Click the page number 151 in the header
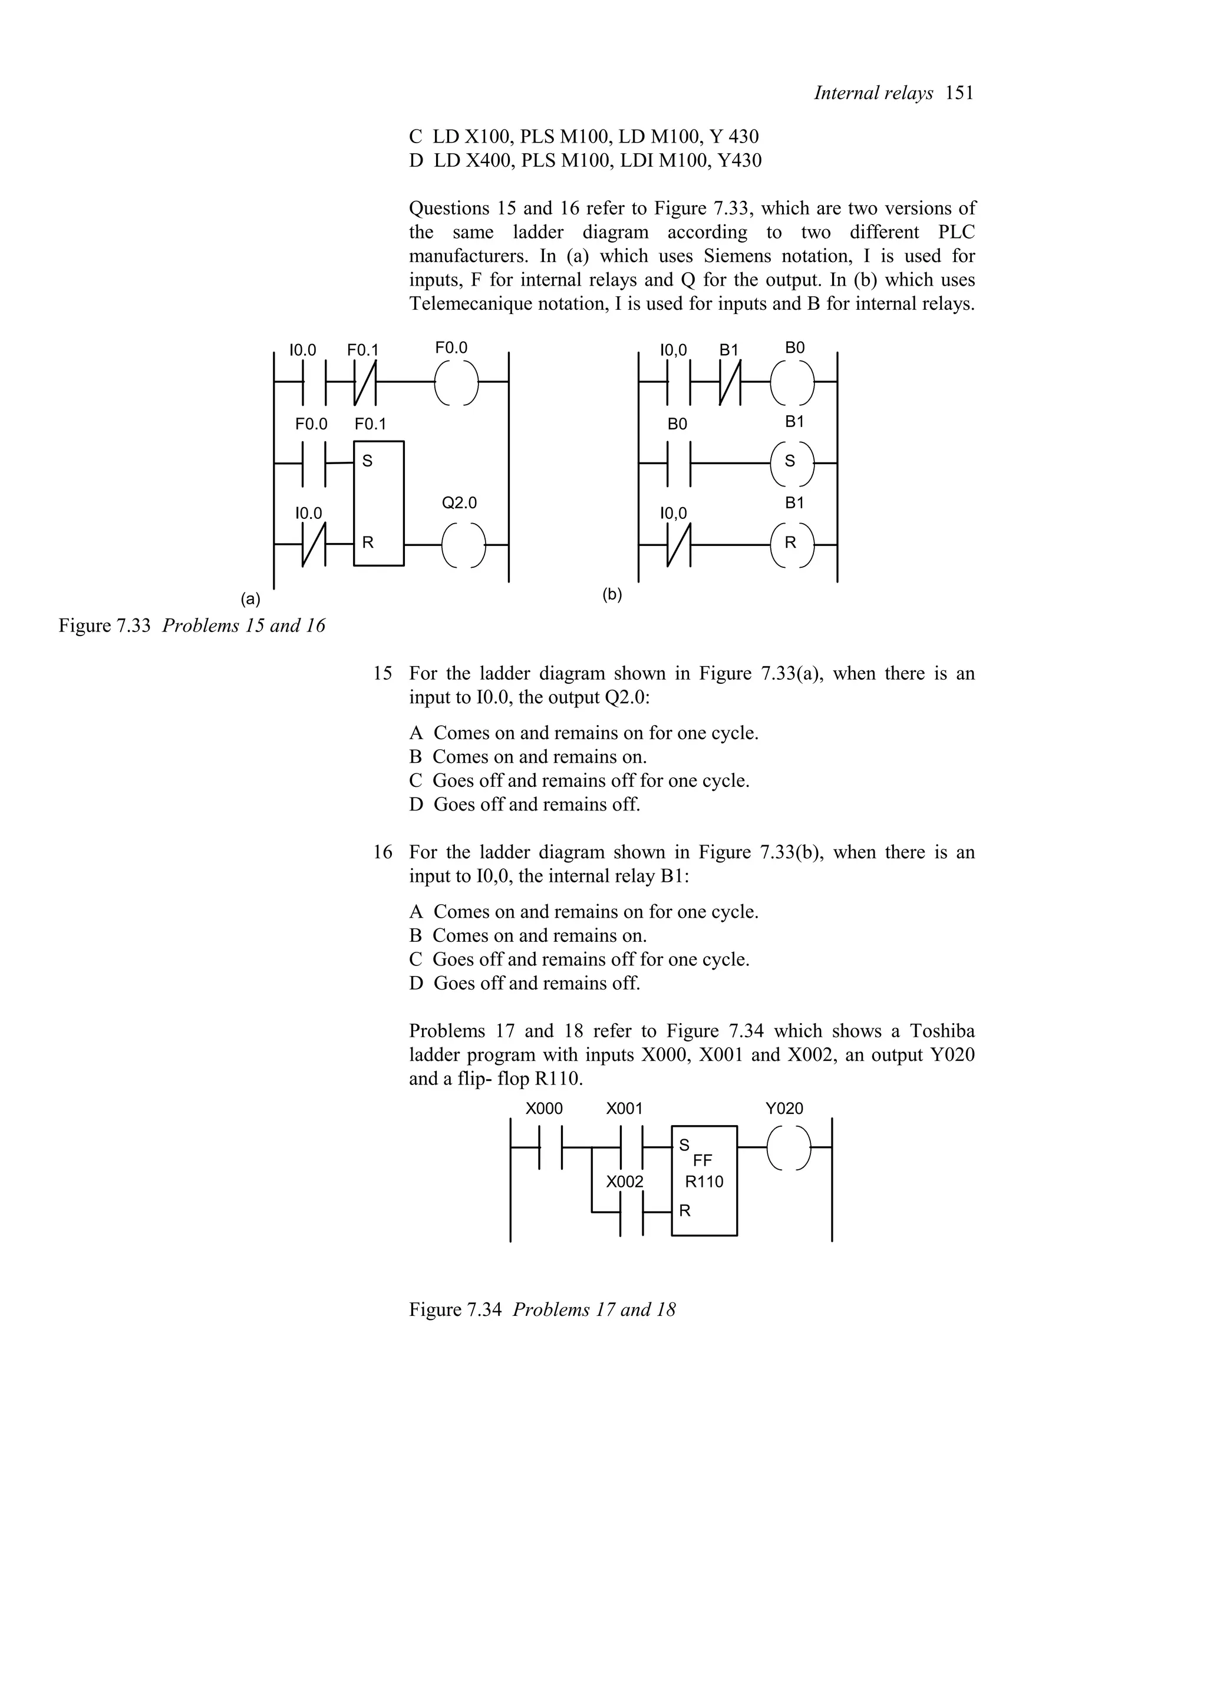(x=960, y=94)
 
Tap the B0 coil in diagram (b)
(x=792, y=382)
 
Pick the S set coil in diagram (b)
(x=792, y=462)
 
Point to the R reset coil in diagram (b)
(x=792, y=544)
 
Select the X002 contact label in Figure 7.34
(x=625, y=1182)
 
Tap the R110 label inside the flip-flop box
(x=704, y=1182)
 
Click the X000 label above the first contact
(x=543, y=1109)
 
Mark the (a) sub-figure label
(x=250, y=598)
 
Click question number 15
(x=382, y=674)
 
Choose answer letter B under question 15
(x=415, y=757)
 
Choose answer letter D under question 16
(x=415, y=984)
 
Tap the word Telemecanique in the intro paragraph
(x=470, y=304)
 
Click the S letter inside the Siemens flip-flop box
(x=367, y=461)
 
